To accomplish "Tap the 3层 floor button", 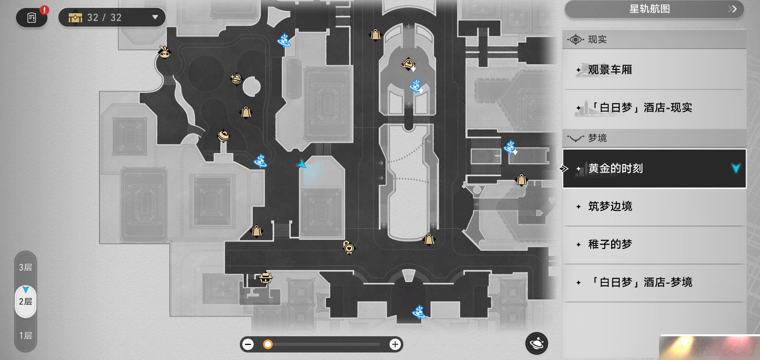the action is (x=26, y=267).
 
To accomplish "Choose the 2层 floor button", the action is (x=26, y=301).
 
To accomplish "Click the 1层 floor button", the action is (x=26, y=336).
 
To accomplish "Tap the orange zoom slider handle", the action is (x=268, y=345).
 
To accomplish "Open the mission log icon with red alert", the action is (x=32, y=17).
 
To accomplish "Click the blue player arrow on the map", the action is (x=302, y=164).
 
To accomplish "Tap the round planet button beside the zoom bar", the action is (x=537, y=343).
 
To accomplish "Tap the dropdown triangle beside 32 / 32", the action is (x=155, y=17).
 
